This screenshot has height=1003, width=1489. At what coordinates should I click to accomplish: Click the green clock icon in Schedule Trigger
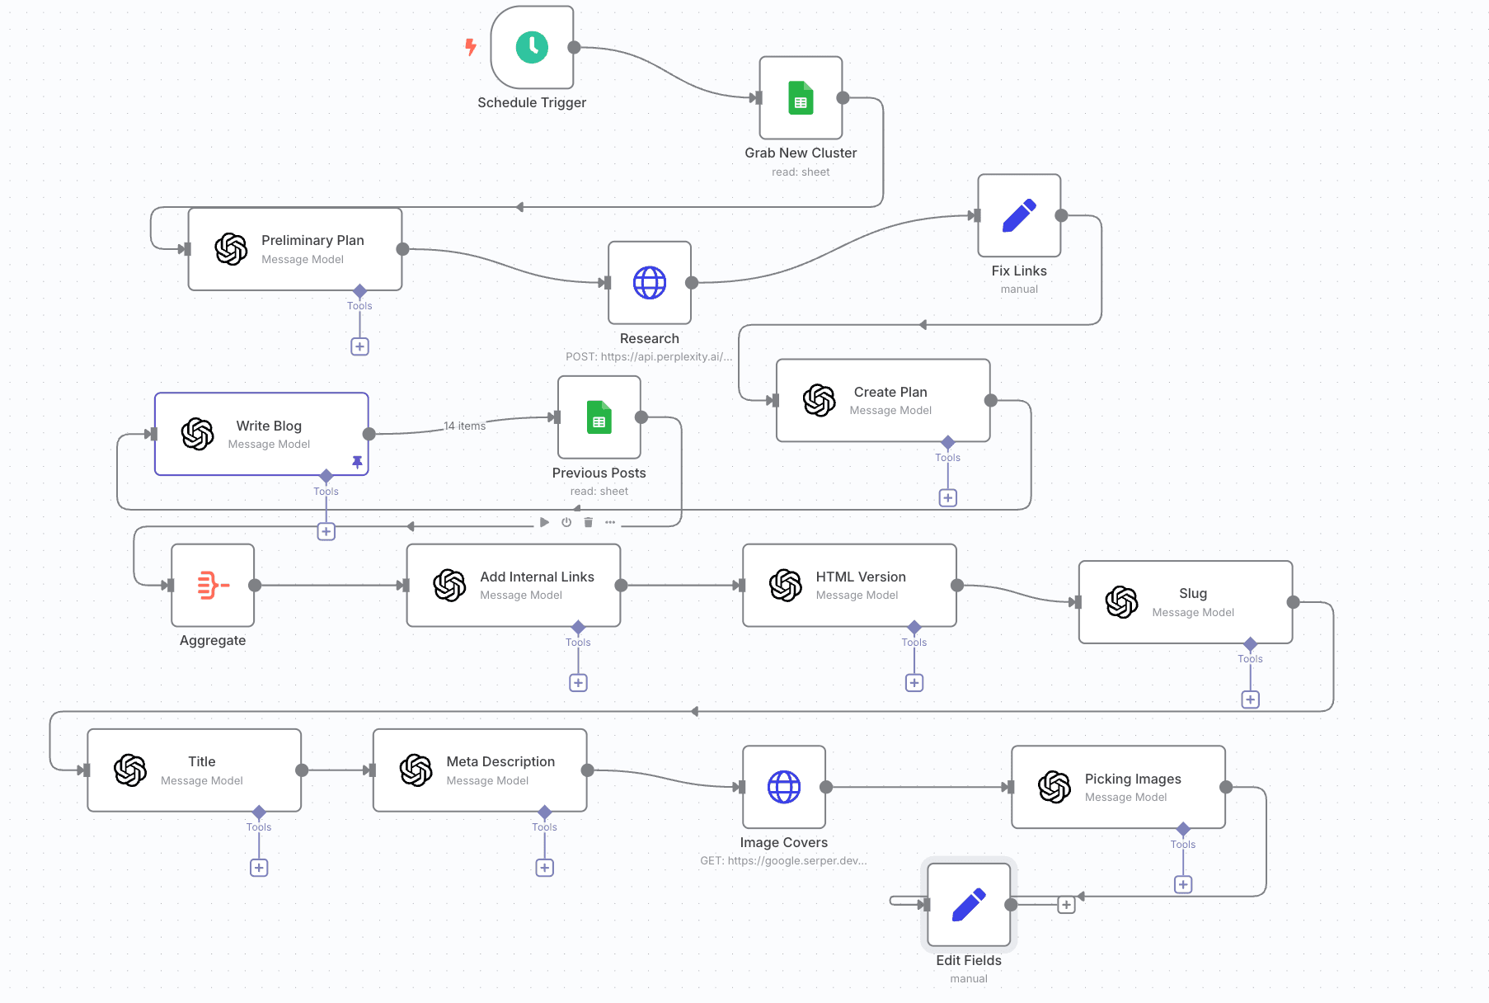pos(532,48)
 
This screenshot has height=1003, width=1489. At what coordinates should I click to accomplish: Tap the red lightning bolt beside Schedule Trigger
pos(471,47)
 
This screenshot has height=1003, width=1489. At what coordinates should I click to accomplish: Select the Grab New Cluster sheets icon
pos(801,98)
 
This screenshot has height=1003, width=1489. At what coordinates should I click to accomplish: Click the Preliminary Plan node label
pos(312,240)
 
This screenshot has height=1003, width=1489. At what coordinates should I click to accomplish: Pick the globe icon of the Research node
pos(649,283)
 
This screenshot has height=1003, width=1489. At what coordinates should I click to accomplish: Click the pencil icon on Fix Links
pos(1019,215)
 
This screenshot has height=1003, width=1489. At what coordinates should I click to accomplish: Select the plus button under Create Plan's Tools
pos(948,498)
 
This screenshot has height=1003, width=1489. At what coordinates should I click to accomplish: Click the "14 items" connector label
pos(465,426)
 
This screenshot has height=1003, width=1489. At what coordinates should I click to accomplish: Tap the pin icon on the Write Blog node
pos(357,462)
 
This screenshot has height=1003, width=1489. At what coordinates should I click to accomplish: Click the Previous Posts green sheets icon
pos(599,417)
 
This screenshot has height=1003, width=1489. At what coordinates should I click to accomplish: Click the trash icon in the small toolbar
pos(588,522)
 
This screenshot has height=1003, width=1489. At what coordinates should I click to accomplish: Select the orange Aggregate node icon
pos(213,586)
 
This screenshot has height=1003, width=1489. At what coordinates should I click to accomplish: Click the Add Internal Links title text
pos(537,577)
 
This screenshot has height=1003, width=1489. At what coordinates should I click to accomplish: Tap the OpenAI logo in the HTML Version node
pos(785,586)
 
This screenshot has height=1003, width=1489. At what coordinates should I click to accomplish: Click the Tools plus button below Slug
pos(1250,699)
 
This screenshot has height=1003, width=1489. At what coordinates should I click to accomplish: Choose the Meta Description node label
pos(500,761)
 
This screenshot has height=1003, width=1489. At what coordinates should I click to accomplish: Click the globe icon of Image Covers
pos(783,787)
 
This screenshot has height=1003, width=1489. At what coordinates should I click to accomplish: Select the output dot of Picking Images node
pos(1226,787)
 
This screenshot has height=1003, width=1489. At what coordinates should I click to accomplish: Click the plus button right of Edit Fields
pos(1066,905)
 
